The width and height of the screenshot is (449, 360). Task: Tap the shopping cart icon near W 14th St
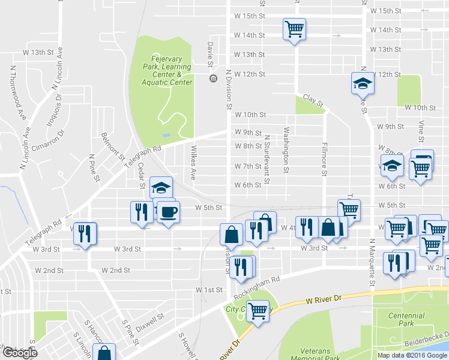pos(295,28)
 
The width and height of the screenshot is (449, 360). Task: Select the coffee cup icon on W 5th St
pos(168,212)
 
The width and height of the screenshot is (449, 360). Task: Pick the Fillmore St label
pos(324,159)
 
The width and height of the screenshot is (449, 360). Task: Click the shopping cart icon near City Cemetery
pos(258,310)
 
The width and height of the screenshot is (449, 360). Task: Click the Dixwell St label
pos(149,322)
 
